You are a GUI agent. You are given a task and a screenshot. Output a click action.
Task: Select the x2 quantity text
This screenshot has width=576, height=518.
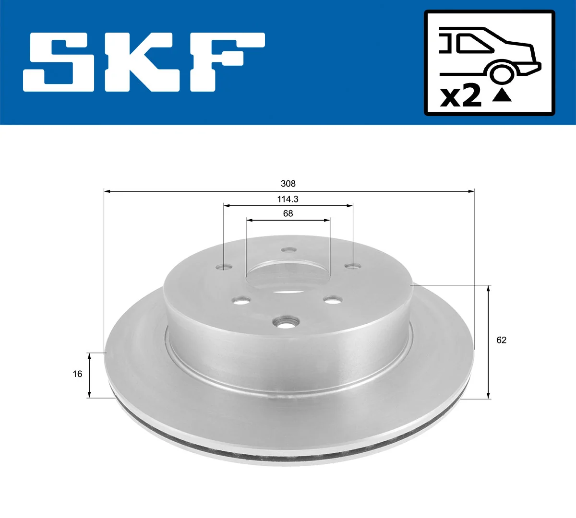click(460, 96)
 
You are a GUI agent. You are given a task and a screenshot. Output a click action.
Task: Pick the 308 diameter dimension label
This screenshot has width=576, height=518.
click(288, 184)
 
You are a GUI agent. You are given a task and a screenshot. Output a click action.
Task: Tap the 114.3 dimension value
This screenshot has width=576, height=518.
click(288, 199)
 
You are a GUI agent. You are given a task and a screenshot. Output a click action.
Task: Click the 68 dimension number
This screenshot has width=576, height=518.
click(288, 213)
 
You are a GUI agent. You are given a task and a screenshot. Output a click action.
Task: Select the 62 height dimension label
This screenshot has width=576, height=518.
click(501, 340)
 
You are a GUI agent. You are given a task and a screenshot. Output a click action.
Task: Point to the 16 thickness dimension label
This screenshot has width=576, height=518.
click(78, 374)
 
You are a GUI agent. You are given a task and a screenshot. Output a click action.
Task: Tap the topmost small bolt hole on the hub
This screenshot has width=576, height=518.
click(288, 250)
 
